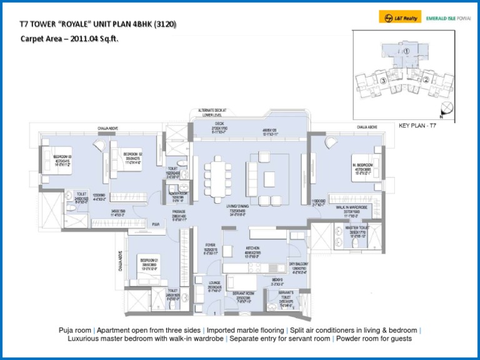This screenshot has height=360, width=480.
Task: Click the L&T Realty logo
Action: tap(400, 18)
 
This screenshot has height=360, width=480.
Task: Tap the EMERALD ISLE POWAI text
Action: tap(447, 18)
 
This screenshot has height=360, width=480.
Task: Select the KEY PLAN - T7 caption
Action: tap(417, 126)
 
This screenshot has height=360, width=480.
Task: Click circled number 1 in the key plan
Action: tap(406, 51)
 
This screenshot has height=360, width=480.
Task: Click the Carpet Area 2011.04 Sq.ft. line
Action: tap(69, 39)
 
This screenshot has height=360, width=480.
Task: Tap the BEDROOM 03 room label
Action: tap(62, 157)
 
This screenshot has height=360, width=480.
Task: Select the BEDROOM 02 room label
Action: tap(132, 154)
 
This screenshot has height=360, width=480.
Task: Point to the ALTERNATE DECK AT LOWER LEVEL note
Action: tap(212, 112)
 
